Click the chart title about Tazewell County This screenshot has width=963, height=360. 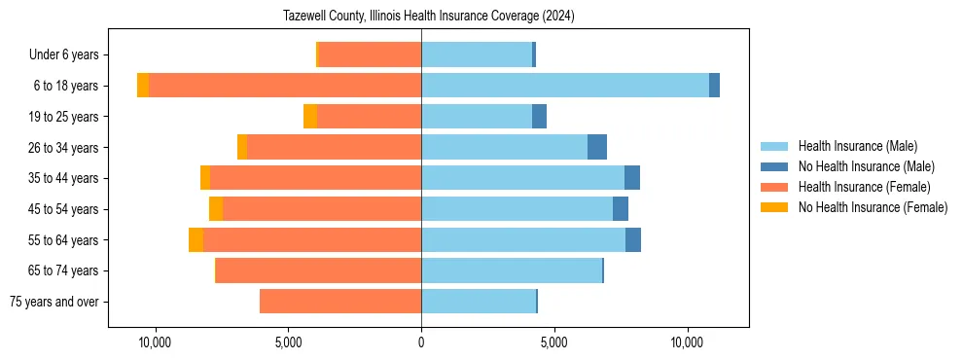pyautogui.click(x=428, y=17)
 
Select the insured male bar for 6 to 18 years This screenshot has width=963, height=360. pyautogui.click(x=564, y=86)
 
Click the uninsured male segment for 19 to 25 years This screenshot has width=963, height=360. pyautogui.click(x=539, y=117)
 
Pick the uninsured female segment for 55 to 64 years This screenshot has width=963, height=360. pyautogui.click(x=196, y=240)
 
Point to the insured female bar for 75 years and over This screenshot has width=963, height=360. pyautogui.click(x=340, y=302)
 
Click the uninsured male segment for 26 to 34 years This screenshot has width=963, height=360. pyautogui.click(x=597, y=147)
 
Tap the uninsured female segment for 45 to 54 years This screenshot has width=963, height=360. pyautogui.click(x=216, y=209)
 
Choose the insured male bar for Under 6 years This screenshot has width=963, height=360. pyautogui.click(x=477, y=54)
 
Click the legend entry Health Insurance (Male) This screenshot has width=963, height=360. pyautogui.click(x=857, y=146)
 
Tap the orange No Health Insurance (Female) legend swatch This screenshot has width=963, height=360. pyautogui.click(x=775, y=207)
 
